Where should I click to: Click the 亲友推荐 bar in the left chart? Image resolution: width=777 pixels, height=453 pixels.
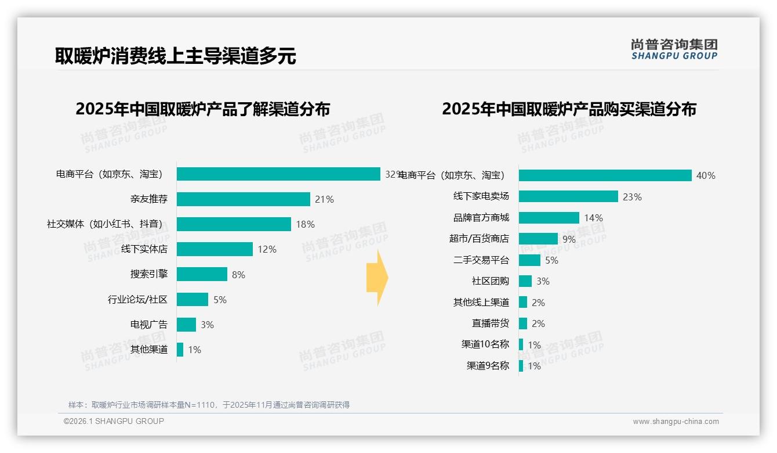(x=244, y=199)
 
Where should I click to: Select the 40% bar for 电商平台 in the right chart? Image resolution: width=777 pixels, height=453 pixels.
(x=605, y=175)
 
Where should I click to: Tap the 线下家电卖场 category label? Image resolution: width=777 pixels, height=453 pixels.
(x=481, y=197)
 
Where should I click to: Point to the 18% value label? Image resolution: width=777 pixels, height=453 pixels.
(x=305, y=224)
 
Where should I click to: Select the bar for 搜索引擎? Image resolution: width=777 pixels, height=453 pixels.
(x=202, y=274)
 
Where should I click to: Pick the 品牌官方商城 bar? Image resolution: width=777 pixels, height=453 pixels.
(x=549, y=218)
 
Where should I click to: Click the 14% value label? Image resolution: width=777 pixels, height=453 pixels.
(x=593, y=218)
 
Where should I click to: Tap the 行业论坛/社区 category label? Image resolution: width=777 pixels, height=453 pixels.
(x=137, y=300)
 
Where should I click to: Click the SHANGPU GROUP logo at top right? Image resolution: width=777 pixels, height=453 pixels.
(x=674, y=49)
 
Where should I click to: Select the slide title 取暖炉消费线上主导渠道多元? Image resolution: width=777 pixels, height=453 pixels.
(x=175, y=56)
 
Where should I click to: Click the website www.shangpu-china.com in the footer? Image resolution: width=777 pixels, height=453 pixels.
(x=676, y=422)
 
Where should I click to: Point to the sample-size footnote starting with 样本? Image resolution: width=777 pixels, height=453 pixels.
(x=209, y=405)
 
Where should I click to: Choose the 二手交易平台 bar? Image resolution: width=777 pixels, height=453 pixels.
(x=529, y=260)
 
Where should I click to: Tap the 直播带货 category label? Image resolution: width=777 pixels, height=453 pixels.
(x=490, y=323)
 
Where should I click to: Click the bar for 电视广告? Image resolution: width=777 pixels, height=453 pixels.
(x=186, y=325)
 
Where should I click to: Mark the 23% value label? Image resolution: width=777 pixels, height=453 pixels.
(x=632, y=197)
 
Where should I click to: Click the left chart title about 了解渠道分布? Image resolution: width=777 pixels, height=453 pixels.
(x=202, y=109)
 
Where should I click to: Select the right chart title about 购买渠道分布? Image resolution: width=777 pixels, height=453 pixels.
(x=569, y=109)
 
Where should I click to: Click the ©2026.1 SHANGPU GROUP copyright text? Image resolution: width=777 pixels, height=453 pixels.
(x=114, y=421)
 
